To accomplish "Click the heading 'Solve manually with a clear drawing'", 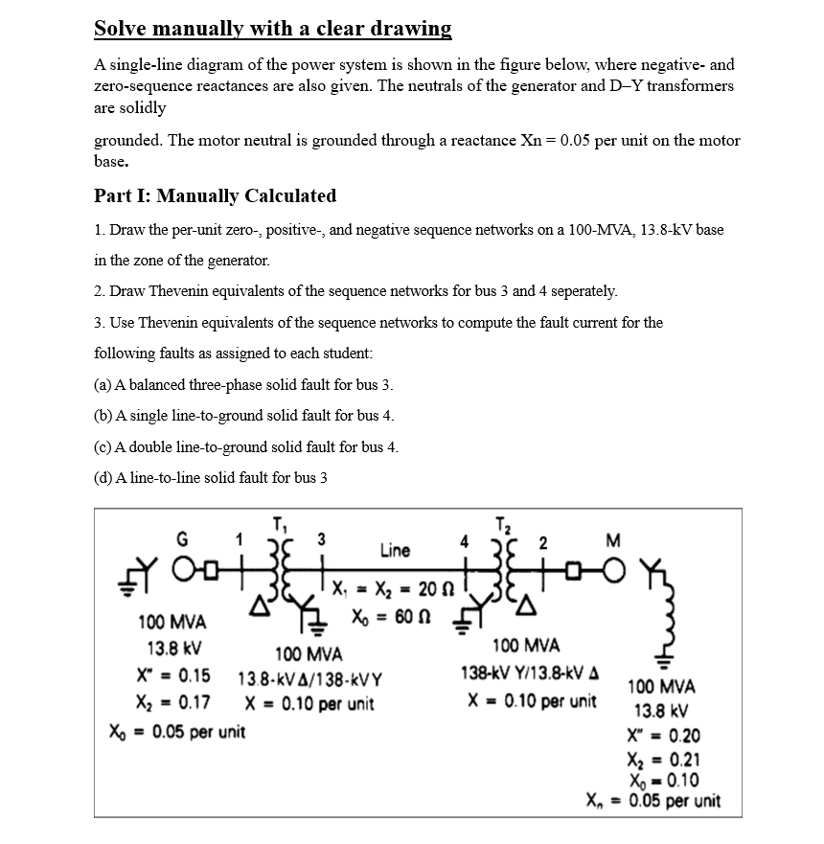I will [x=272, y=28].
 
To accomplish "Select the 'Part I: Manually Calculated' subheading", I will [x=215, y=195].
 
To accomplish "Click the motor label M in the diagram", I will [x=613, y=537].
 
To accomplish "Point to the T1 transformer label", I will [x=279, y=524].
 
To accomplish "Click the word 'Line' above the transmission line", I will [x=395, y=550].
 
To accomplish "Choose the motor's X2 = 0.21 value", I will [x=662, y=762].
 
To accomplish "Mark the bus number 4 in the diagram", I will [x=465, y=540].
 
